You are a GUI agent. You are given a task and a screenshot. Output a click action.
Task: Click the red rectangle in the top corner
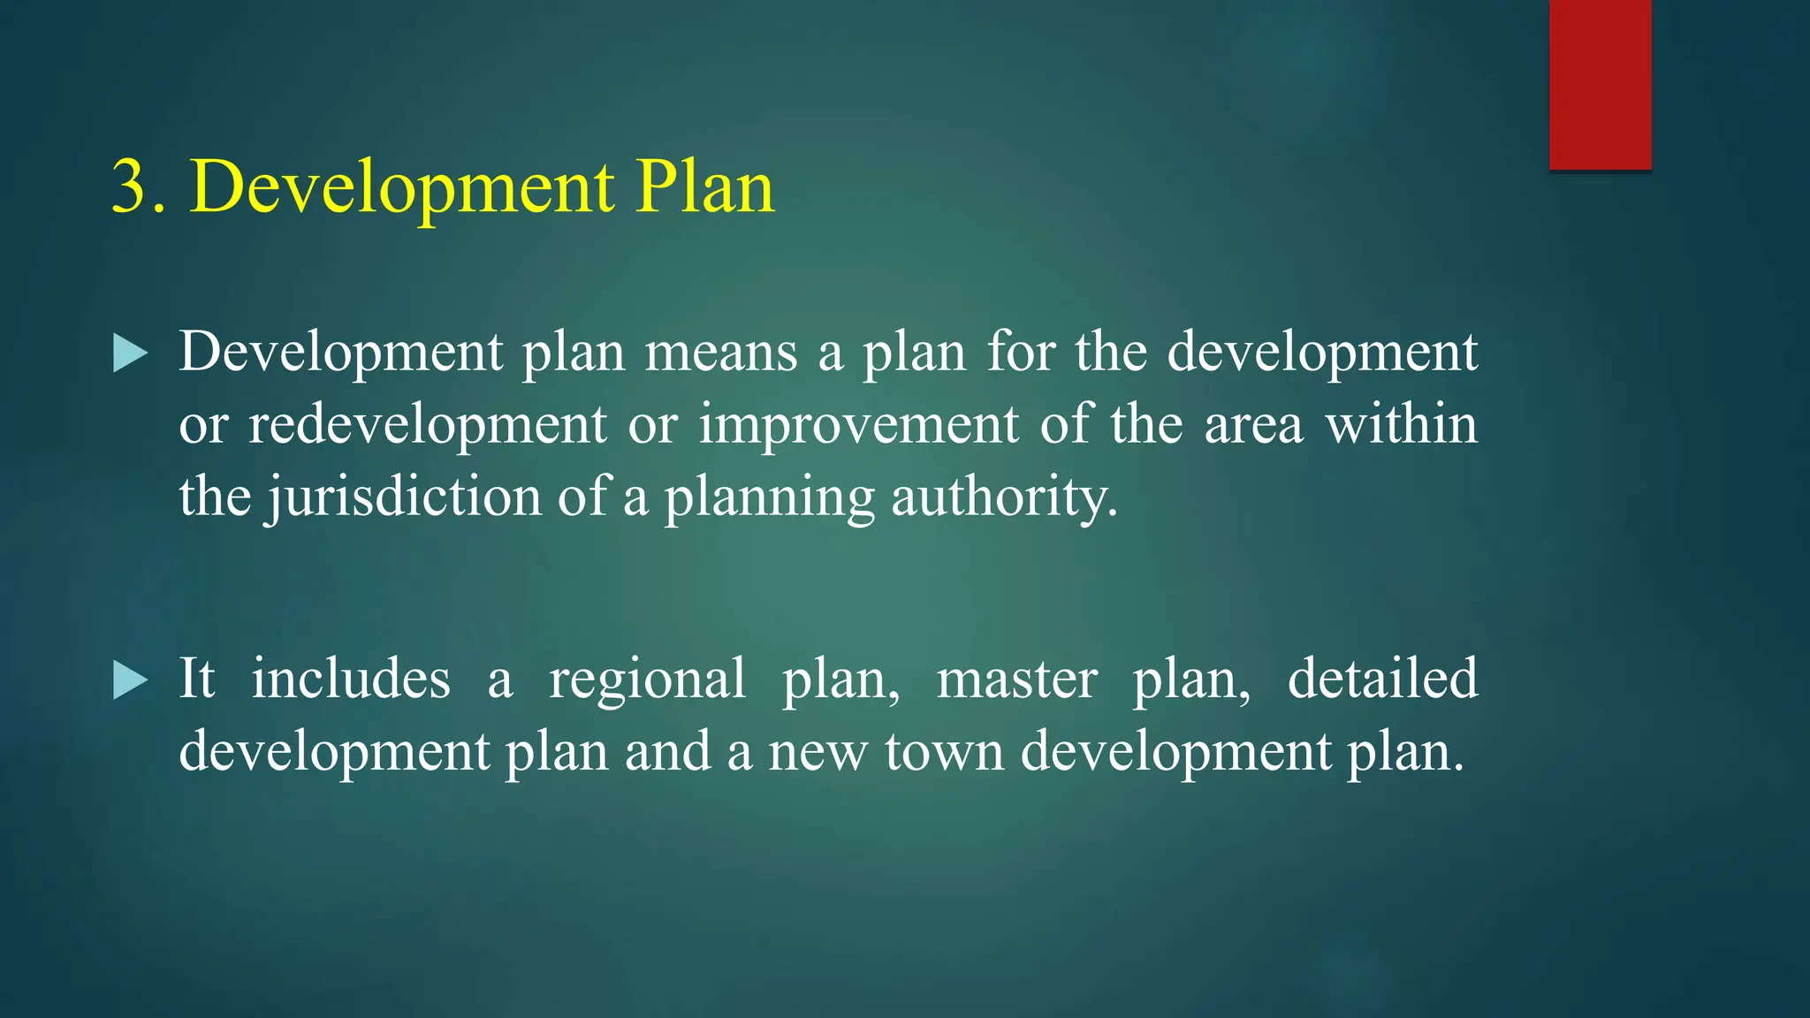[x=1600, y=84]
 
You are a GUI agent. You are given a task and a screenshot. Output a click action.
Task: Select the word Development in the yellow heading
[x=402, y=189]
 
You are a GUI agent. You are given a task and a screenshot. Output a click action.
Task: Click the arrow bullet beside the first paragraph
[x=131, y=354]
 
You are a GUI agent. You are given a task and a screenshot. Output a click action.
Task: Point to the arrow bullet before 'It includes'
[x=131, y=681]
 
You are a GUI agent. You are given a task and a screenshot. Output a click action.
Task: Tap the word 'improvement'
[x=858, y=425]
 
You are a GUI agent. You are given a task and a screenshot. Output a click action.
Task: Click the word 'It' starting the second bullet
[x=196, y=680]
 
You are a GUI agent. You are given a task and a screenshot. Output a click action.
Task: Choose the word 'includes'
[x=351, y=680]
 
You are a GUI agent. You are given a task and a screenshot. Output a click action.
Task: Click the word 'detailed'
[x=1382, y=680]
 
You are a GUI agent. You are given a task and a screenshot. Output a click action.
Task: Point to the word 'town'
[x=943, y=753]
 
